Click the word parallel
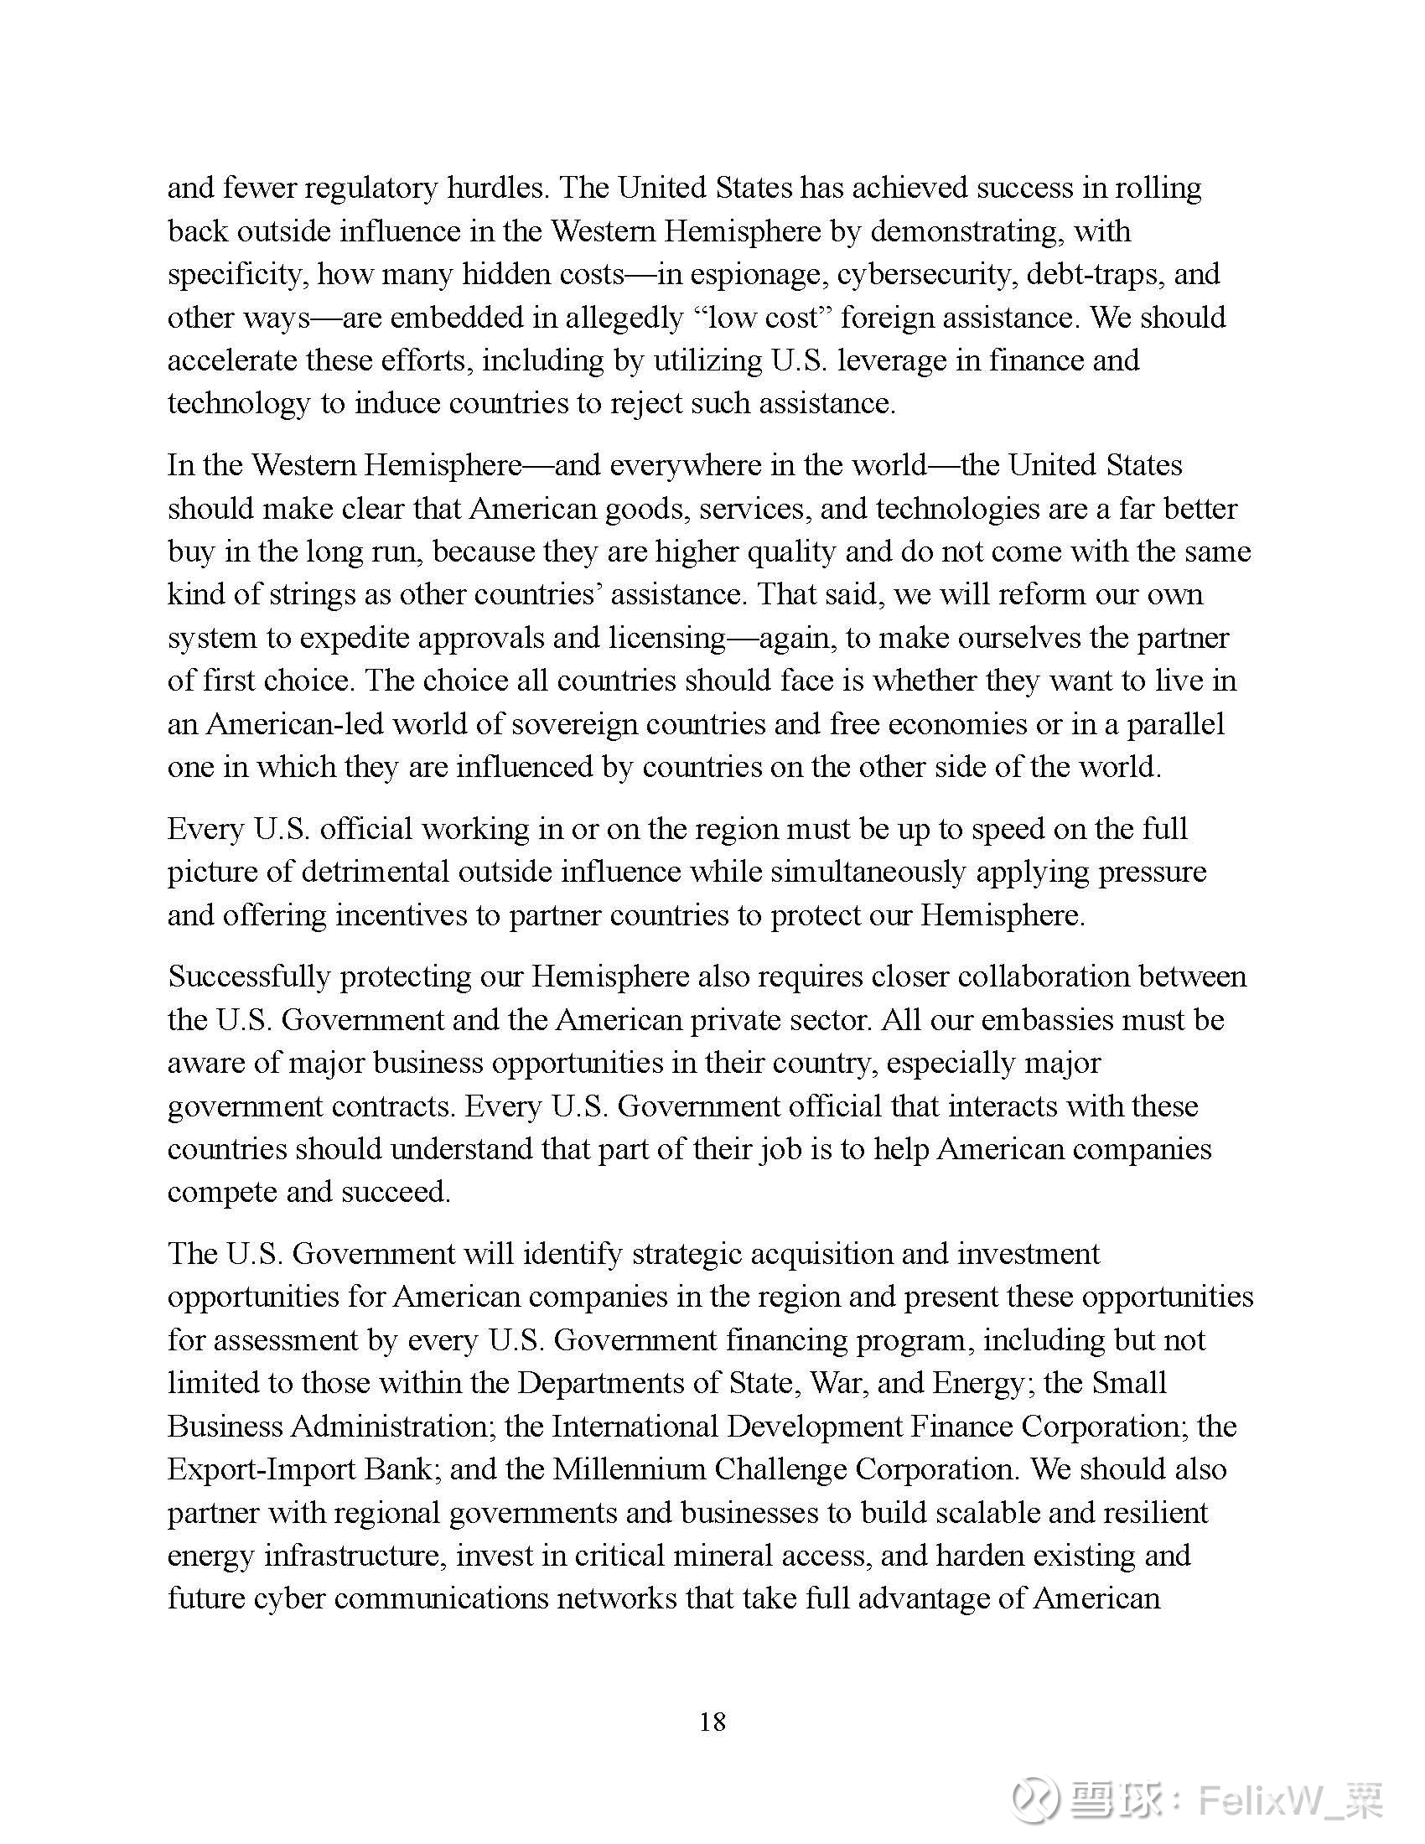[x=1176, y=724]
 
